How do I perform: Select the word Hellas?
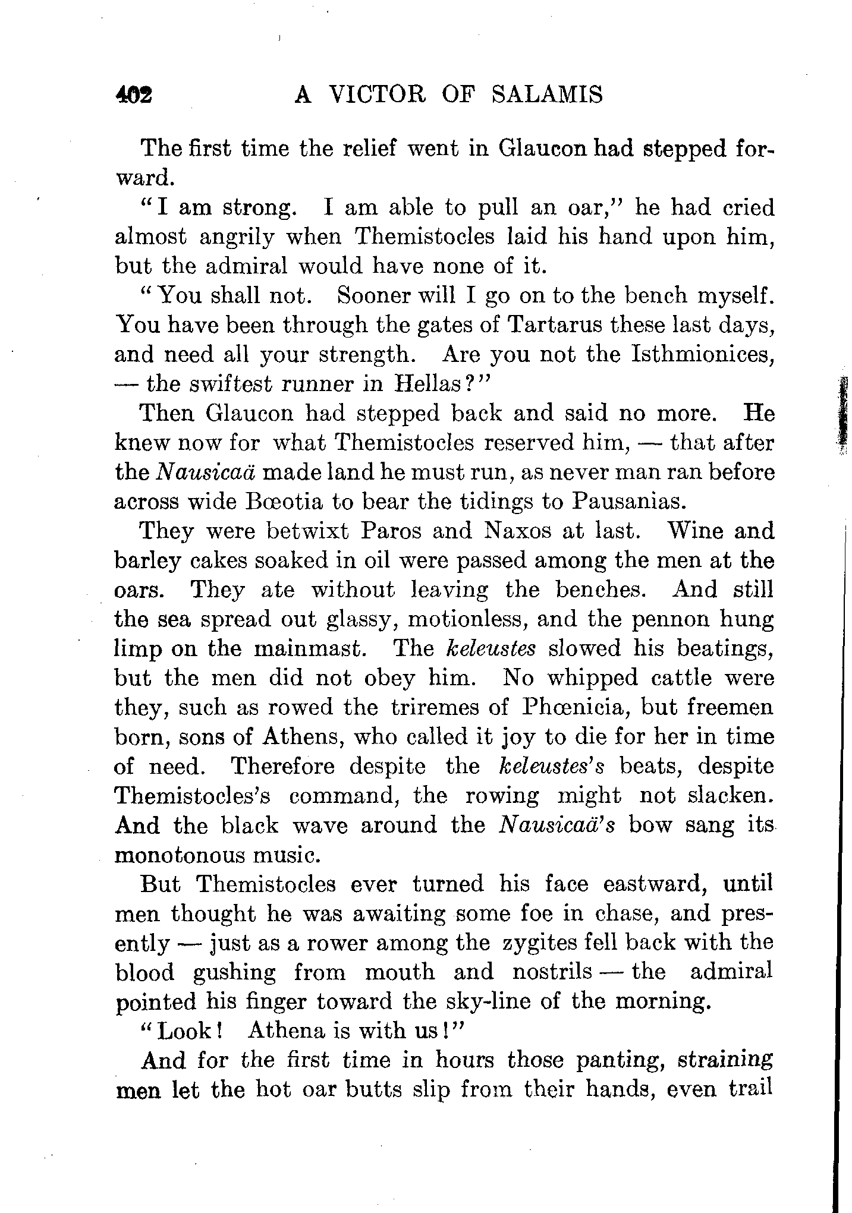[x=426, y=385]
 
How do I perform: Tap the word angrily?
[x=237, y=237]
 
